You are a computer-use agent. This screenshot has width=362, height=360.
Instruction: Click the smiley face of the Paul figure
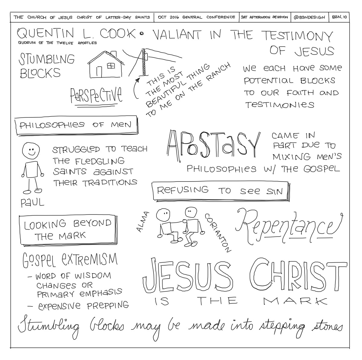31,150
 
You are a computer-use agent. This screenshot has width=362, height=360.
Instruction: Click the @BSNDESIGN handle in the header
309,17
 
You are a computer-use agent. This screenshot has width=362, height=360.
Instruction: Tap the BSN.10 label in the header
339,17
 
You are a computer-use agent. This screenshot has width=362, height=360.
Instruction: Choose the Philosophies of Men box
76,125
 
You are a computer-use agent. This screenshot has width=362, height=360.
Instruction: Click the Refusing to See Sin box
221,191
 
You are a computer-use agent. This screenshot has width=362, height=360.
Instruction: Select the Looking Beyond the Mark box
68,230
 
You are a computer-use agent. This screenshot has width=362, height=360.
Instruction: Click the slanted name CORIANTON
218,233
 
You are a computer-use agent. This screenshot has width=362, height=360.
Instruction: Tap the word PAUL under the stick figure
32,203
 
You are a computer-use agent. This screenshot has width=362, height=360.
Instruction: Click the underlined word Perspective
96,95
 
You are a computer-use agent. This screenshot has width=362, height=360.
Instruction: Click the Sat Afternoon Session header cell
265,17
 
